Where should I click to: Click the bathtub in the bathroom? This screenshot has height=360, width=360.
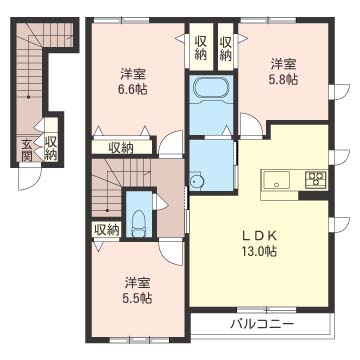tap(211, 88)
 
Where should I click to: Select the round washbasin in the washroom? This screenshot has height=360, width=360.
tap(195, 181)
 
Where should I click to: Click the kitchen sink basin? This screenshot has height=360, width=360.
tap(277, 180)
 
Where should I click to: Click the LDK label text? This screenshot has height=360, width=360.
tap(259, 236)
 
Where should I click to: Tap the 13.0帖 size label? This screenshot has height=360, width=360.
tap(259, 251)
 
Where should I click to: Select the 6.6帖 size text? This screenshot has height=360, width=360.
tap(134, 89)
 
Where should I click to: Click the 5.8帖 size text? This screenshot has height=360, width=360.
tap(284, 80)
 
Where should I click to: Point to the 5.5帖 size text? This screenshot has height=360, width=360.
tap(139, 299)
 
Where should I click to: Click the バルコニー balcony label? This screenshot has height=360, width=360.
tap(262, 324)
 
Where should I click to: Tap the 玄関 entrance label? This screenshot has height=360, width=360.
tap(27, 150)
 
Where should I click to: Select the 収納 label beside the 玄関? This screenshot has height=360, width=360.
tap(51, 148)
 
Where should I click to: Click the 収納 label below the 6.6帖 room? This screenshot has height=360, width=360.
tap(121, 147)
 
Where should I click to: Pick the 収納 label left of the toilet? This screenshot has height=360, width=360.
tap(107, 229)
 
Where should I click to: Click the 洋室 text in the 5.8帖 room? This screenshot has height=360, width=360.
tap(284, 63)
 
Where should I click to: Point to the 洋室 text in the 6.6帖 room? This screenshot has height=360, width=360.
tap(134, 73)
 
